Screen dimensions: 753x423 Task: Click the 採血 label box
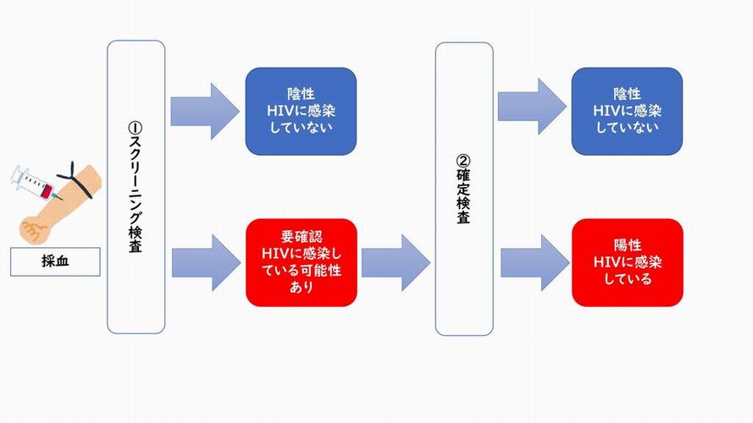click(55, 262)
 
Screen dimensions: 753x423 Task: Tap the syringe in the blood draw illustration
click(36, 184)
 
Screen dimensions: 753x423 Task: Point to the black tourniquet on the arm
click(76, 180)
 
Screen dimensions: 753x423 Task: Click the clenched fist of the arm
click(35, 230)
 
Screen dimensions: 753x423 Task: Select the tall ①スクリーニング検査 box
click(136, 187)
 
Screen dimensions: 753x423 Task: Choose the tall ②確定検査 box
click(464, 189)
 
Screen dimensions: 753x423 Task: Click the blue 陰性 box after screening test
click(301, 112)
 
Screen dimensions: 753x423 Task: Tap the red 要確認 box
click(302, 262)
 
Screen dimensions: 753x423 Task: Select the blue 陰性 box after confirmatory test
click(627, 112)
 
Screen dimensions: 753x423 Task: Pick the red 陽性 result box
click(628, 262)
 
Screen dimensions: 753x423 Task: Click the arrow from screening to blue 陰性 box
click(205, 112)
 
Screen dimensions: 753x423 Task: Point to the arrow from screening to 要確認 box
click(206, 262)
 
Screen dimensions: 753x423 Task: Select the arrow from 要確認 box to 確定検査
click(396, 262)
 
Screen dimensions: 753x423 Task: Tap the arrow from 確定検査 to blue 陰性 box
click(532, 107)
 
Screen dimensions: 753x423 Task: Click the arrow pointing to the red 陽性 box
click(535, 263)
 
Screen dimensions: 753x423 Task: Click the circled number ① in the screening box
click(136, 128)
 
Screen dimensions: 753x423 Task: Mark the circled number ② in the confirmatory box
click(463, 161)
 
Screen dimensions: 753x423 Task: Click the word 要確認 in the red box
click(302, 237)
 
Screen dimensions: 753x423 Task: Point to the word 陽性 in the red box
click(628, 245)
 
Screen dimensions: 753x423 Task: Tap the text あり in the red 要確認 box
click(302, 288)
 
